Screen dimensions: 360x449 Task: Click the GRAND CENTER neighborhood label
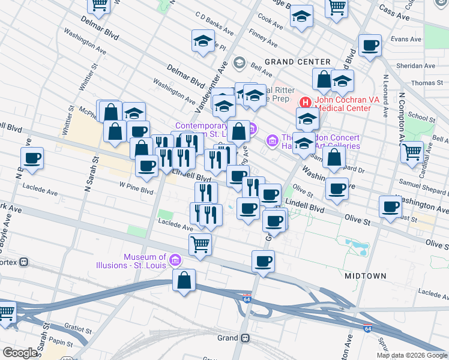pos(297,62)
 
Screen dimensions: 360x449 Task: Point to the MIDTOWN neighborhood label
pos(366,275)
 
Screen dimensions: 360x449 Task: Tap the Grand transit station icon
pos(245,338)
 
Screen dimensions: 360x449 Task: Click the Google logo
pos(20,353)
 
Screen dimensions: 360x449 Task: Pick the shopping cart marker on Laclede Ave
pos(200,243)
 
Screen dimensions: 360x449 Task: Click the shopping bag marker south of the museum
pos(184,280)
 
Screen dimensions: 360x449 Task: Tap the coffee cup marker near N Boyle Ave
pos(32,158)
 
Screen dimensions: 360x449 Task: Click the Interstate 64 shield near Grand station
pos(247,298)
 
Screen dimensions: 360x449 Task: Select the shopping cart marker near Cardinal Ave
pos(412,152)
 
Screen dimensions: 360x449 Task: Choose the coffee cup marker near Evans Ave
pos(370,45)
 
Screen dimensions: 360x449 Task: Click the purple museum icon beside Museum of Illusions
pos(175,260)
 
